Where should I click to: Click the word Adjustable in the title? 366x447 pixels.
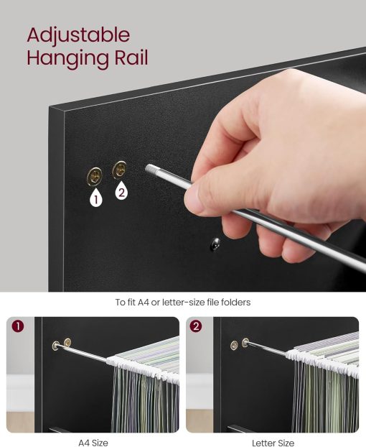click(78, 34)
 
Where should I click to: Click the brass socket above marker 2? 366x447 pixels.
click(120, 170)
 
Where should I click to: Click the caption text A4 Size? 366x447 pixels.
click(93, 443)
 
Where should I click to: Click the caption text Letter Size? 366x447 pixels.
click(273, 443)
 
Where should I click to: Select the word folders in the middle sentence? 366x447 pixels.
click(235, 303)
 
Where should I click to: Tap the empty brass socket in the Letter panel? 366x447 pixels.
click(234, 345)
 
